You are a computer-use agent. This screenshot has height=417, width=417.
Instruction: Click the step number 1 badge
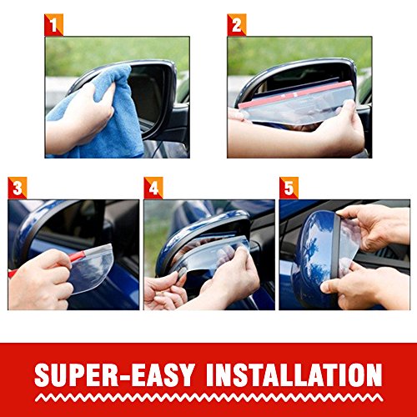click(53, 25)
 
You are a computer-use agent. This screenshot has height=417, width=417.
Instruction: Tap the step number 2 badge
click(237, 25)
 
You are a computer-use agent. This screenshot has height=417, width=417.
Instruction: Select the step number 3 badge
click(18, 188)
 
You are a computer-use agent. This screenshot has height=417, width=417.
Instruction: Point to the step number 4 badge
click(153, 188)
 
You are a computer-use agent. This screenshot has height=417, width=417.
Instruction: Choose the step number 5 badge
click(289, 188)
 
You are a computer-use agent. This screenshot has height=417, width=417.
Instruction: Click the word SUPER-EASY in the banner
click(114, 374)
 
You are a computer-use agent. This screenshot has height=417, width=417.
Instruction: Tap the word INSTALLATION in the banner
click(294, 374)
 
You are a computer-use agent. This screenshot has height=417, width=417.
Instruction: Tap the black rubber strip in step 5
click(335, 250)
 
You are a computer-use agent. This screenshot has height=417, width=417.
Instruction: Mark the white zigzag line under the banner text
click(208, 397)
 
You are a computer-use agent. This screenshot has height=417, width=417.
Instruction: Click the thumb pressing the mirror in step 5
click(331, 286)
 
